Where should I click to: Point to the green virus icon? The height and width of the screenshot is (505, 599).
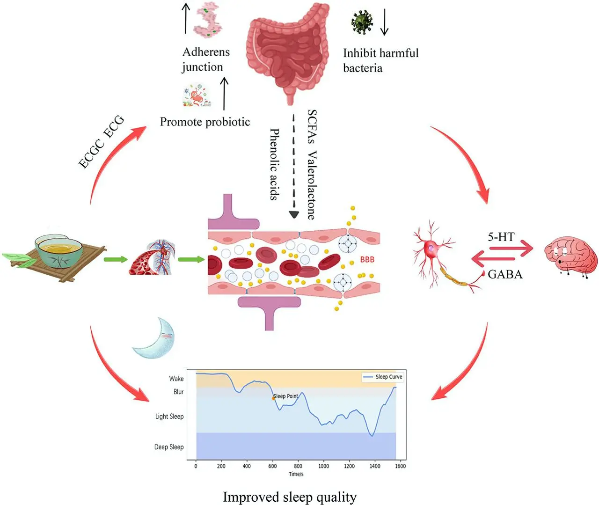coord(362,22)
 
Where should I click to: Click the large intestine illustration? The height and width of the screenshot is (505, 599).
coord(287,51)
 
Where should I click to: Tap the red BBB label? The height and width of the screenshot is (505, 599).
coord(367,260)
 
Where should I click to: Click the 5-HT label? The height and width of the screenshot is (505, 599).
coord(501,237)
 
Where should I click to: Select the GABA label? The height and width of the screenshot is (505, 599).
coord(505,275)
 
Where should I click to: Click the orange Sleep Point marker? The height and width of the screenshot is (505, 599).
coord(273,398)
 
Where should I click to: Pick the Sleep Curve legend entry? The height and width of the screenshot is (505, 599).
coord(383,377)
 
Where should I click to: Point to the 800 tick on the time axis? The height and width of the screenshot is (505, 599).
coord(298,466)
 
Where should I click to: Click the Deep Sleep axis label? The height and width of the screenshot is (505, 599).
coord(169,447)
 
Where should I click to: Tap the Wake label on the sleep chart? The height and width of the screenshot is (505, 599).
coord(176,379)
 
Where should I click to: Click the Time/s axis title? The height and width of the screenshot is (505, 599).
coord(296,474)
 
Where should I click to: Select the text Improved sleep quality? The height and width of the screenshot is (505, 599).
coord(290,497)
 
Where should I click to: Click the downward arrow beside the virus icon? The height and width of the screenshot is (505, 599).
coord(384,22)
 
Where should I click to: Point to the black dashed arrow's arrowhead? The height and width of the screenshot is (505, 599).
coord(294,215)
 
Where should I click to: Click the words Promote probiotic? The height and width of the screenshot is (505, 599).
coord(205,122)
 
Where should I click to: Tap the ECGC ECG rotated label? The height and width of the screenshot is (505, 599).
coord(101,142)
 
